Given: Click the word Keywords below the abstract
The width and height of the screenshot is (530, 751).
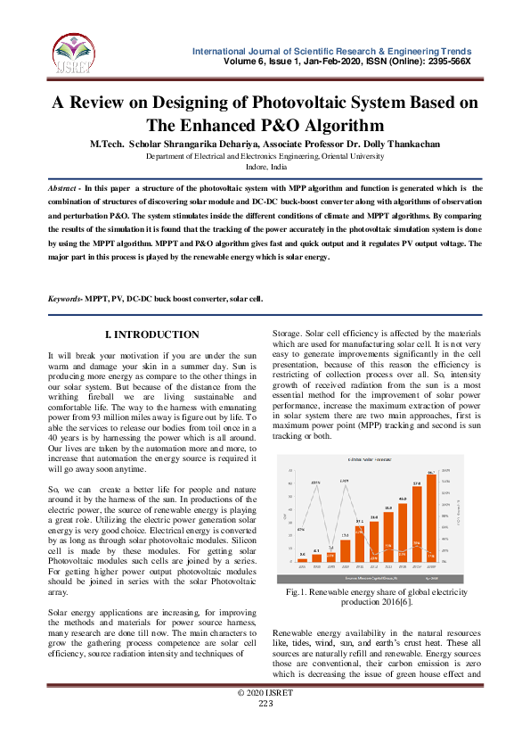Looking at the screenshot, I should [64, 298].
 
